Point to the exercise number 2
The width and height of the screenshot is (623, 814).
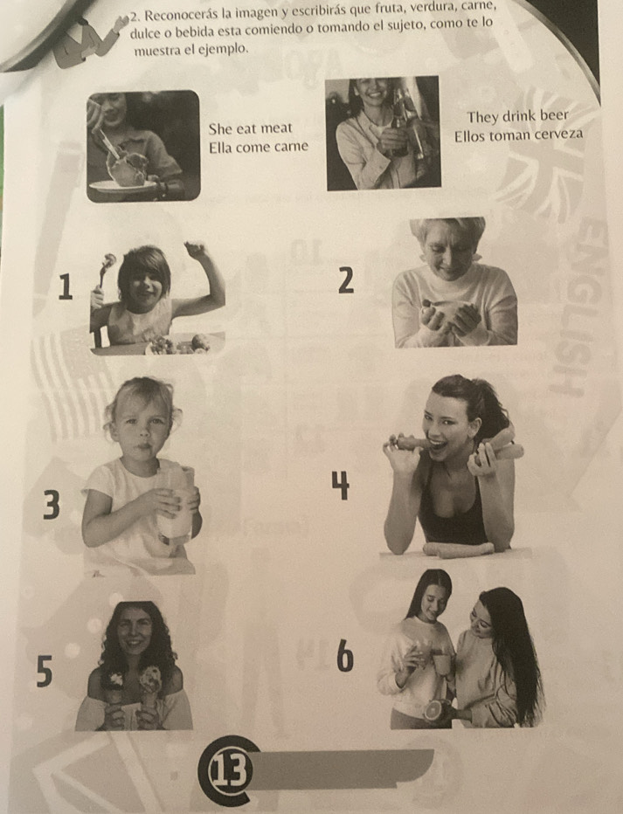tap(346, 281)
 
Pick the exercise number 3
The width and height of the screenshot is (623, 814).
tap(51, 505)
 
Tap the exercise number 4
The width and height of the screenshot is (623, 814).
tap(341, 486)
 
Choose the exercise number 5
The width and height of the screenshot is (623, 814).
tap(45, 671)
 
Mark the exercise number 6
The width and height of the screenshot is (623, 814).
tap(345, 655)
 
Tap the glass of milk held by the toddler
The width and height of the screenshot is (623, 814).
tap(176, 511)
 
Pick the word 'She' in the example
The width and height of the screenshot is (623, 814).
tap(220, 128)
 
